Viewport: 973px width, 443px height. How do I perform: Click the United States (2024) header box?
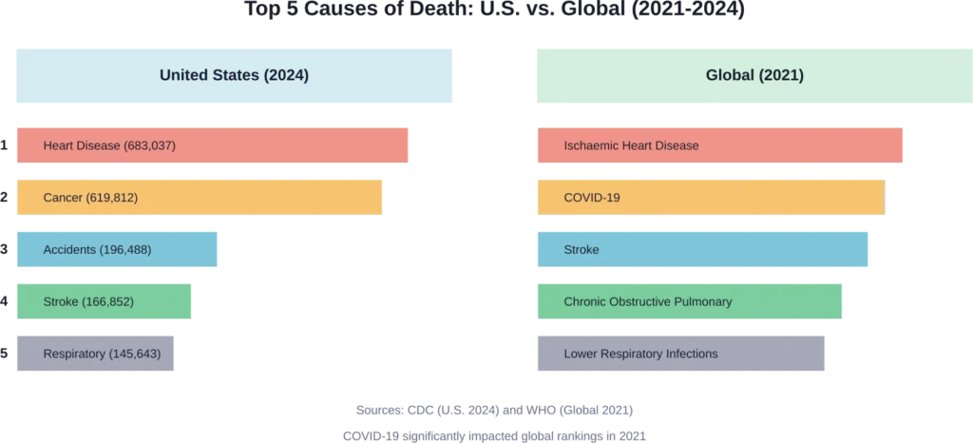[x=235, y=75]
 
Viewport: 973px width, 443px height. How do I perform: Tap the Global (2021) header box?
[x=754, y=75]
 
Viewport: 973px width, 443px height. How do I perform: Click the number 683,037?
[x=150, y=145]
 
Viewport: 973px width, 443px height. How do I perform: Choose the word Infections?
[x=689, y=354]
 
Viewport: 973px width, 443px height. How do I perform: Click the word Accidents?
[x=69, y=250]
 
